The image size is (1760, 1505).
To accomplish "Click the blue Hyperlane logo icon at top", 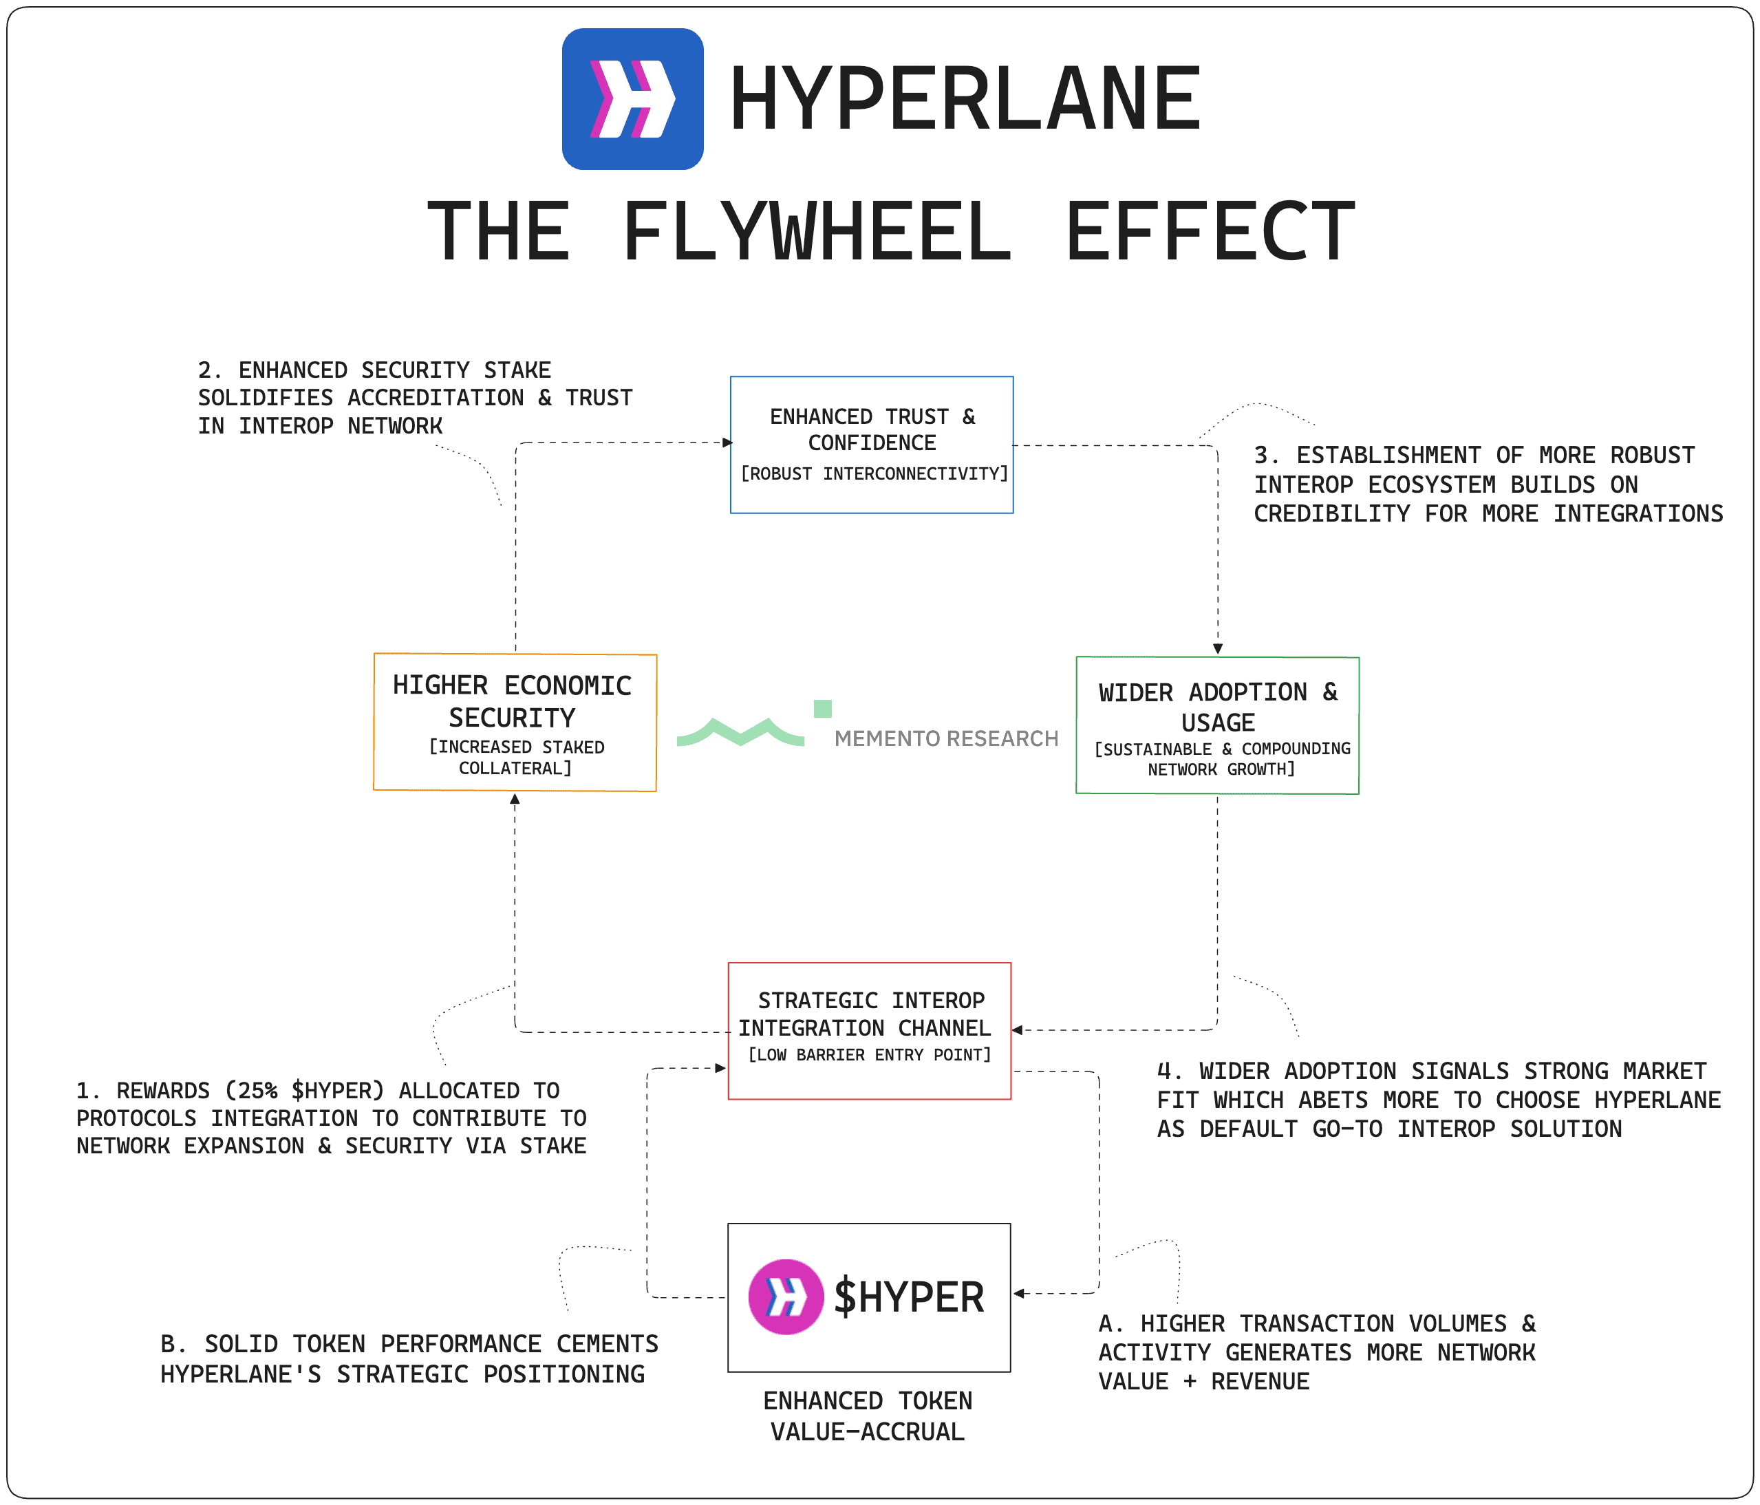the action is click(633, 98).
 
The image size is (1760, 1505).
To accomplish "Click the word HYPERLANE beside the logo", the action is click(965, 99).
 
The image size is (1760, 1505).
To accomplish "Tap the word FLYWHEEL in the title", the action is click(817, 231).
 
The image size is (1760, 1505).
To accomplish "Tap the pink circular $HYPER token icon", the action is click(786, 1296).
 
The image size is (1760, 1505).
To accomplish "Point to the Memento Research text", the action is click(946, 738).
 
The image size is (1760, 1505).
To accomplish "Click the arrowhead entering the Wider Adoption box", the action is click(1217, 649).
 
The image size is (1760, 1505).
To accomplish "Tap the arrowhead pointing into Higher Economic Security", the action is click(515, 799).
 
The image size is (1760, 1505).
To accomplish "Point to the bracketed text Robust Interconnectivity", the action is click(874, 473).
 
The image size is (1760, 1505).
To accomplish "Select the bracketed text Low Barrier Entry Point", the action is click(870, 1055).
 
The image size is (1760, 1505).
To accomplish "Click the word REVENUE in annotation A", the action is click(1260, 1382).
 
